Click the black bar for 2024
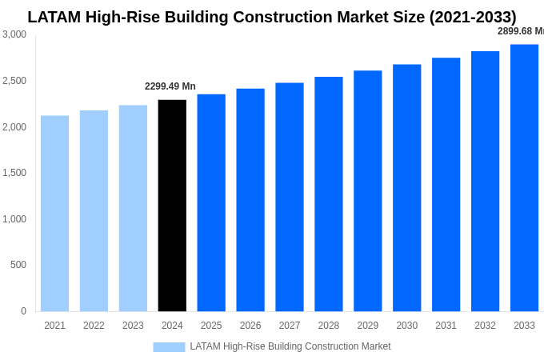click(172, 206)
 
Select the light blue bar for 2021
click(54, 214)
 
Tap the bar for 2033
click(524, 178)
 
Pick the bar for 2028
click(328, 194)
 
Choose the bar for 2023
click(133, 208)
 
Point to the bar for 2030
click(406, 188)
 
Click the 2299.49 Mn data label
click(170, 86)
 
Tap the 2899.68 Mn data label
click(520, 31)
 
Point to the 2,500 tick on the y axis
click(14, 81)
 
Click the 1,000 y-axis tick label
click(14, 219)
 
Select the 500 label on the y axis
click(18, 265)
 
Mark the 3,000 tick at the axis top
click(14, 34)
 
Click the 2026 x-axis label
click(250, 326)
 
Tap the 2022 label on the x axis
click(94, 326)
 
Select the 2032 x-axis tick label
click(485, 326)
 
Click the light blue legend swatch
click(169, 347)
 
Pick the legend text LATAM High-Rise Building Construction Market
click(290, 346)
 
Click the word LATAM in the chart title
click(55, 17)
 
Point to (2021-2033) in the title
click(473, 17)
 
